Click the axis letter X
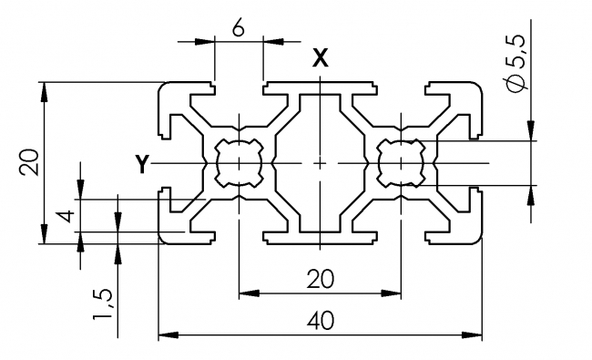320,58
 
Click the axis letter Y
141,164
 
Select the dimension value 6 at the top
238,28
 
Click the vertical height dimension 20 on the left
30,163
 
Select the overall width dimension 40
320,322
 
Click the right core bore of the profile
401,163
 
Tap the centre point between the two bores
320,163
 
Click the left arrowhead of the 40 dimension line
164,336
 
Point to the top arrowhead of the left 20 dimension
43,87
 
